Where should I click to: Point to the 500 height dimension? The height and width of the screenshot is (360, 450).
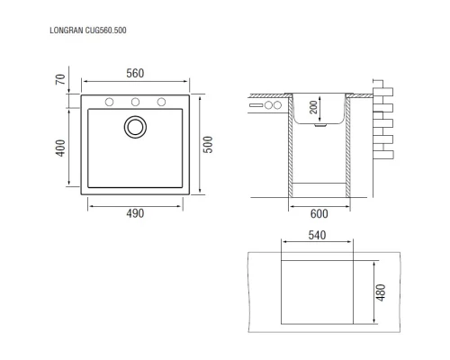pos(208,145)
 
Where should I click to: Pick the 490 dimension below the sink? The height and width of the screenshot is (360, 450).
pos(134,213)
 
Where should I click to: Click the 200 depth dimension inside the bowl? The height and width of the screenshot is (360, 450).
pos(314,107)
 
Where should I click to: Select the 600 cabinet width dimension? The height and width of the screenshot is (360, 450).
pos(319,213)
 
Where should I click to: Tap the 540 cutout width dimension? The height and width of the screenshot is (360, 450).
pos(317,236)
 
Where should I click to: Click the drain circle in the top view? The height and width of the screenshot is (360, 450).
pos(135,126)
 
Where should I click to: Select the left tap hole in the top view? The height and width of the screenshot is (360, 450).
pos(109,101)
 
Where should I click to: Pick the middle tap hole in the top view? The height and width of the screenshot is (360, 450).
pos(135,101)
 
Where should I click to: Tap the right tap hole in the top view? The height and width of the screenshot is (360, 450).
pos(161,101)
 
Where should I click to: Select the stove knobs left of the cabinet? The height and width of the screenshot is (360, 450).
pos(272,105)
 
